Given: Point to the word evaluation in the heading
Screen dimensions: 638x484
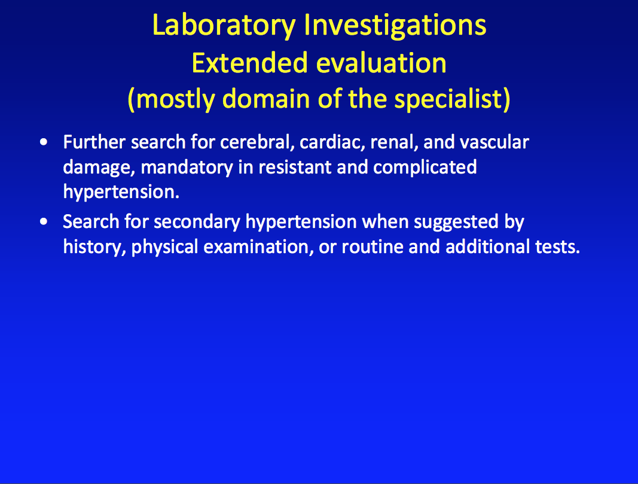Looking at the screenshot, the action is click(x=381, y=63).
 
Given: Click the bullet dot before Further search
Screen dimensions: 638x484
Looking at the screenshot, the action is click(x=44, y=142).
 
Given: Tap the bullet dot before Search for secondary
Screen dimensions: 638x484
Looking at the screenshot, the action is click(x=44, y=221).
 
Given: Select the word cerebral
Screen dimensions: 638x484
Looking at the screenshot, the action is click(x=257, y=142).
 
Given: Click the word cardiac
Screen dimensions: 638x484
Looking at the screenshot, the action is click(x=332, y=142).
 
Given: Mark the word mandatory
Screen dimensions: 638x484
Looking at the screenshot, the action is click(x=187, y=168).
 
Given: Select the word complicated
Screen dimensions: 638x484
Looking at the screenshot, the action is click(x=425, y=168).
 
